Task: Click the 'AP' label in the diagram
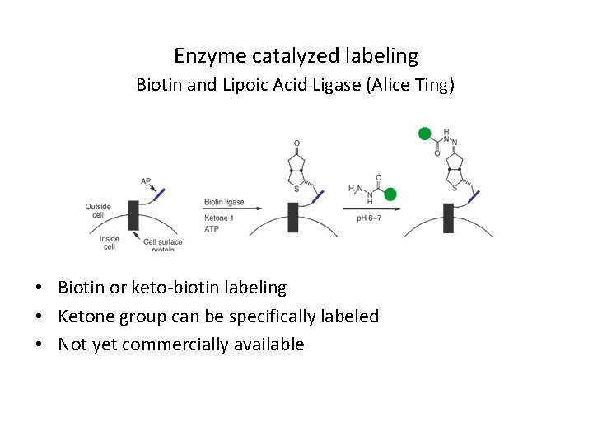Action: pos(146,180)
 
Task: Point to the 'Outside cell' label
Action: pos(98,211)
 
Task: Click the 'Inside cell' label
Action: pos(110,243)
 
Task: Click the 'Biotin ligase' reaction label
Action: pos(224,202)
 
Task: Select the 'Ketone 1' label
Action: pos(218,218)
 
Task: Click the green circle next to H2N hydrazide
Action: pos(390,194)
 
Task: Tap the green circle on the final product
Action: pos(425,133)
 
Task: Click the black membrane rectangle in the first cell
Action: pos(133,216)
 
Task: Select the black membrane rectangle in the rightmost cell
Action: pos(448,217)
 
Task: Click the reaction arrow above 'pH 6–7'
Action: pos(371,208)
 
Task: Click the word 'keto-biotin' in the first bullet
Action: pos(173,288)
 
